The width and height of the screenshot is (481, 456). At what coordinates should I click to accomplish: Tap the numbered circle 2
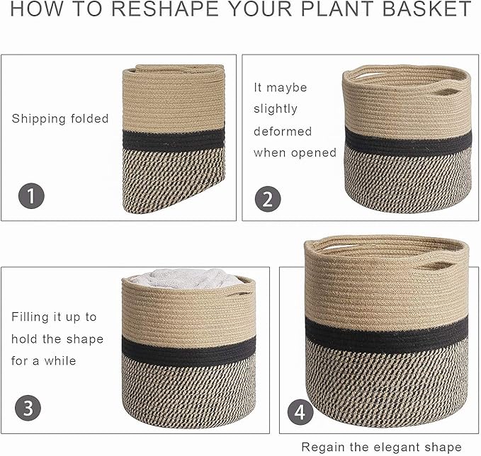(x=266, y=198)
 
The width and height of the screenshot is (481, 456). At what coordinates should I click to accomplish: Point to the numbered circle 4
(x=300, y=411)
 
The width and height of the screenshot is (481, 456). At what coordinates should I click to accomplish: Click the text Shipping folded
(x=60, y=119)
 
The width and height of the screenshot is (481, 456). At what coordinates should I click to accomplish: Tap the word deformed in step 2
(x=283, y=131)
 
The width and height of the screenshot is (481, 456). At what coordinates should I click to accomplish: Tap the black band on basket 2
(x=407, y=144)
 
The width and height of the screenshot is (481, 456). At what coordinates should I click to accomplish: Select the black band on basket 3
(x=188, y=347)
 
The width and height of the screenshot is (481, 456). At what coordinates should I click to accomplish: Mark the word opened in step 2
(x=312, y=153)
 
